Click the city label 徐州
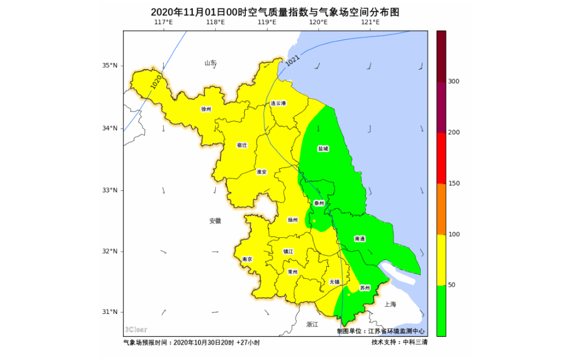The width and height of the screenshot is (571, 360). [206, 109]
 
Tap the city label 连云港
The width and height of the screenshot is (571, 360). [278, 104]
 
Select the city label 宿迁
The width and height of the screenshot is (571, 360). [242, 145]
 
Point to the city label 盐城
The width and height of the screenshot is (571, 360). [323, 149]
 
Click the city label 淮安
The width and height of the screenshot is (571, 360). [262, 172]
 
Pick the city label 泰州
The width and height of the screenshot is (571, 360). [319, 203]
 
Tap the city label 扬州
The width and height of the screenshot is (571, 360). [292, 219]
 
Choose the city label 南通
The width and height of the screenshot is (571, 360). [360, 239]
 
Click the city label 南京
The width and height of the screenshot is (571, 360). [247, 260]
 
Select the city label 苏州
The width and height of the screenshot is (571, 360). [365, 288]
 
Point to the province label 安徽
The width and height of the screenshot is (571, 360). [215, 221]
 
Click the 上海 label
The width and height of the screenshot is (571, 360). [391, 304]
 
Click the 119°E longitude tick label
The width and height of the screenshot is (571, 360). [267, 22]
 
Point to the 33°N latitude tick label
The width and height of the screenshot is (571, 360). [109, 190]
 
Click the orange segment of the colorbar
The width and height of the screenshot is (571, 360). [441, 209]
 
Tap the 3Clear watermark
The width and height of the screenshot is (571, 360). [136, 329]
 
